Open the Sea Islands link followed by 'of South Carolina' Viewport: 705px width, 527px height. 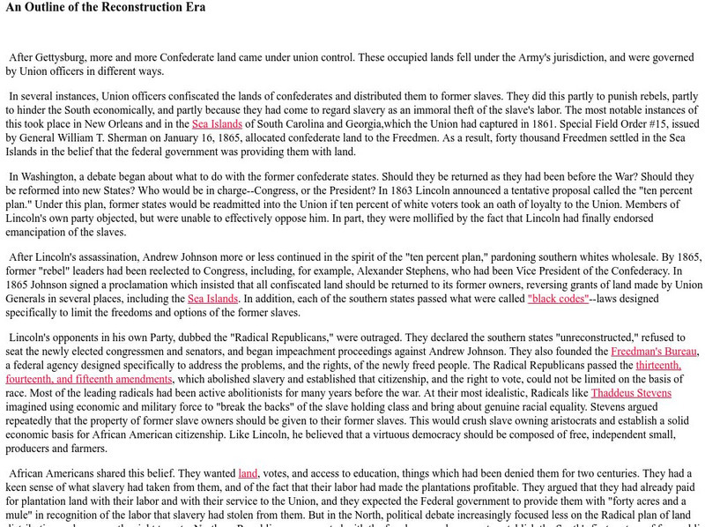point(217,124)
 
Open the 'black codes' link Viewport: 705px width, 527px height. point(557,299)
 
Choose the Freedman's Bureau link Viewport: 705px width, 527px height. point(654,351)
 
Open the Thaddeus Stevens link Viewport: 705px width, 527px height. point(631,393)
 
